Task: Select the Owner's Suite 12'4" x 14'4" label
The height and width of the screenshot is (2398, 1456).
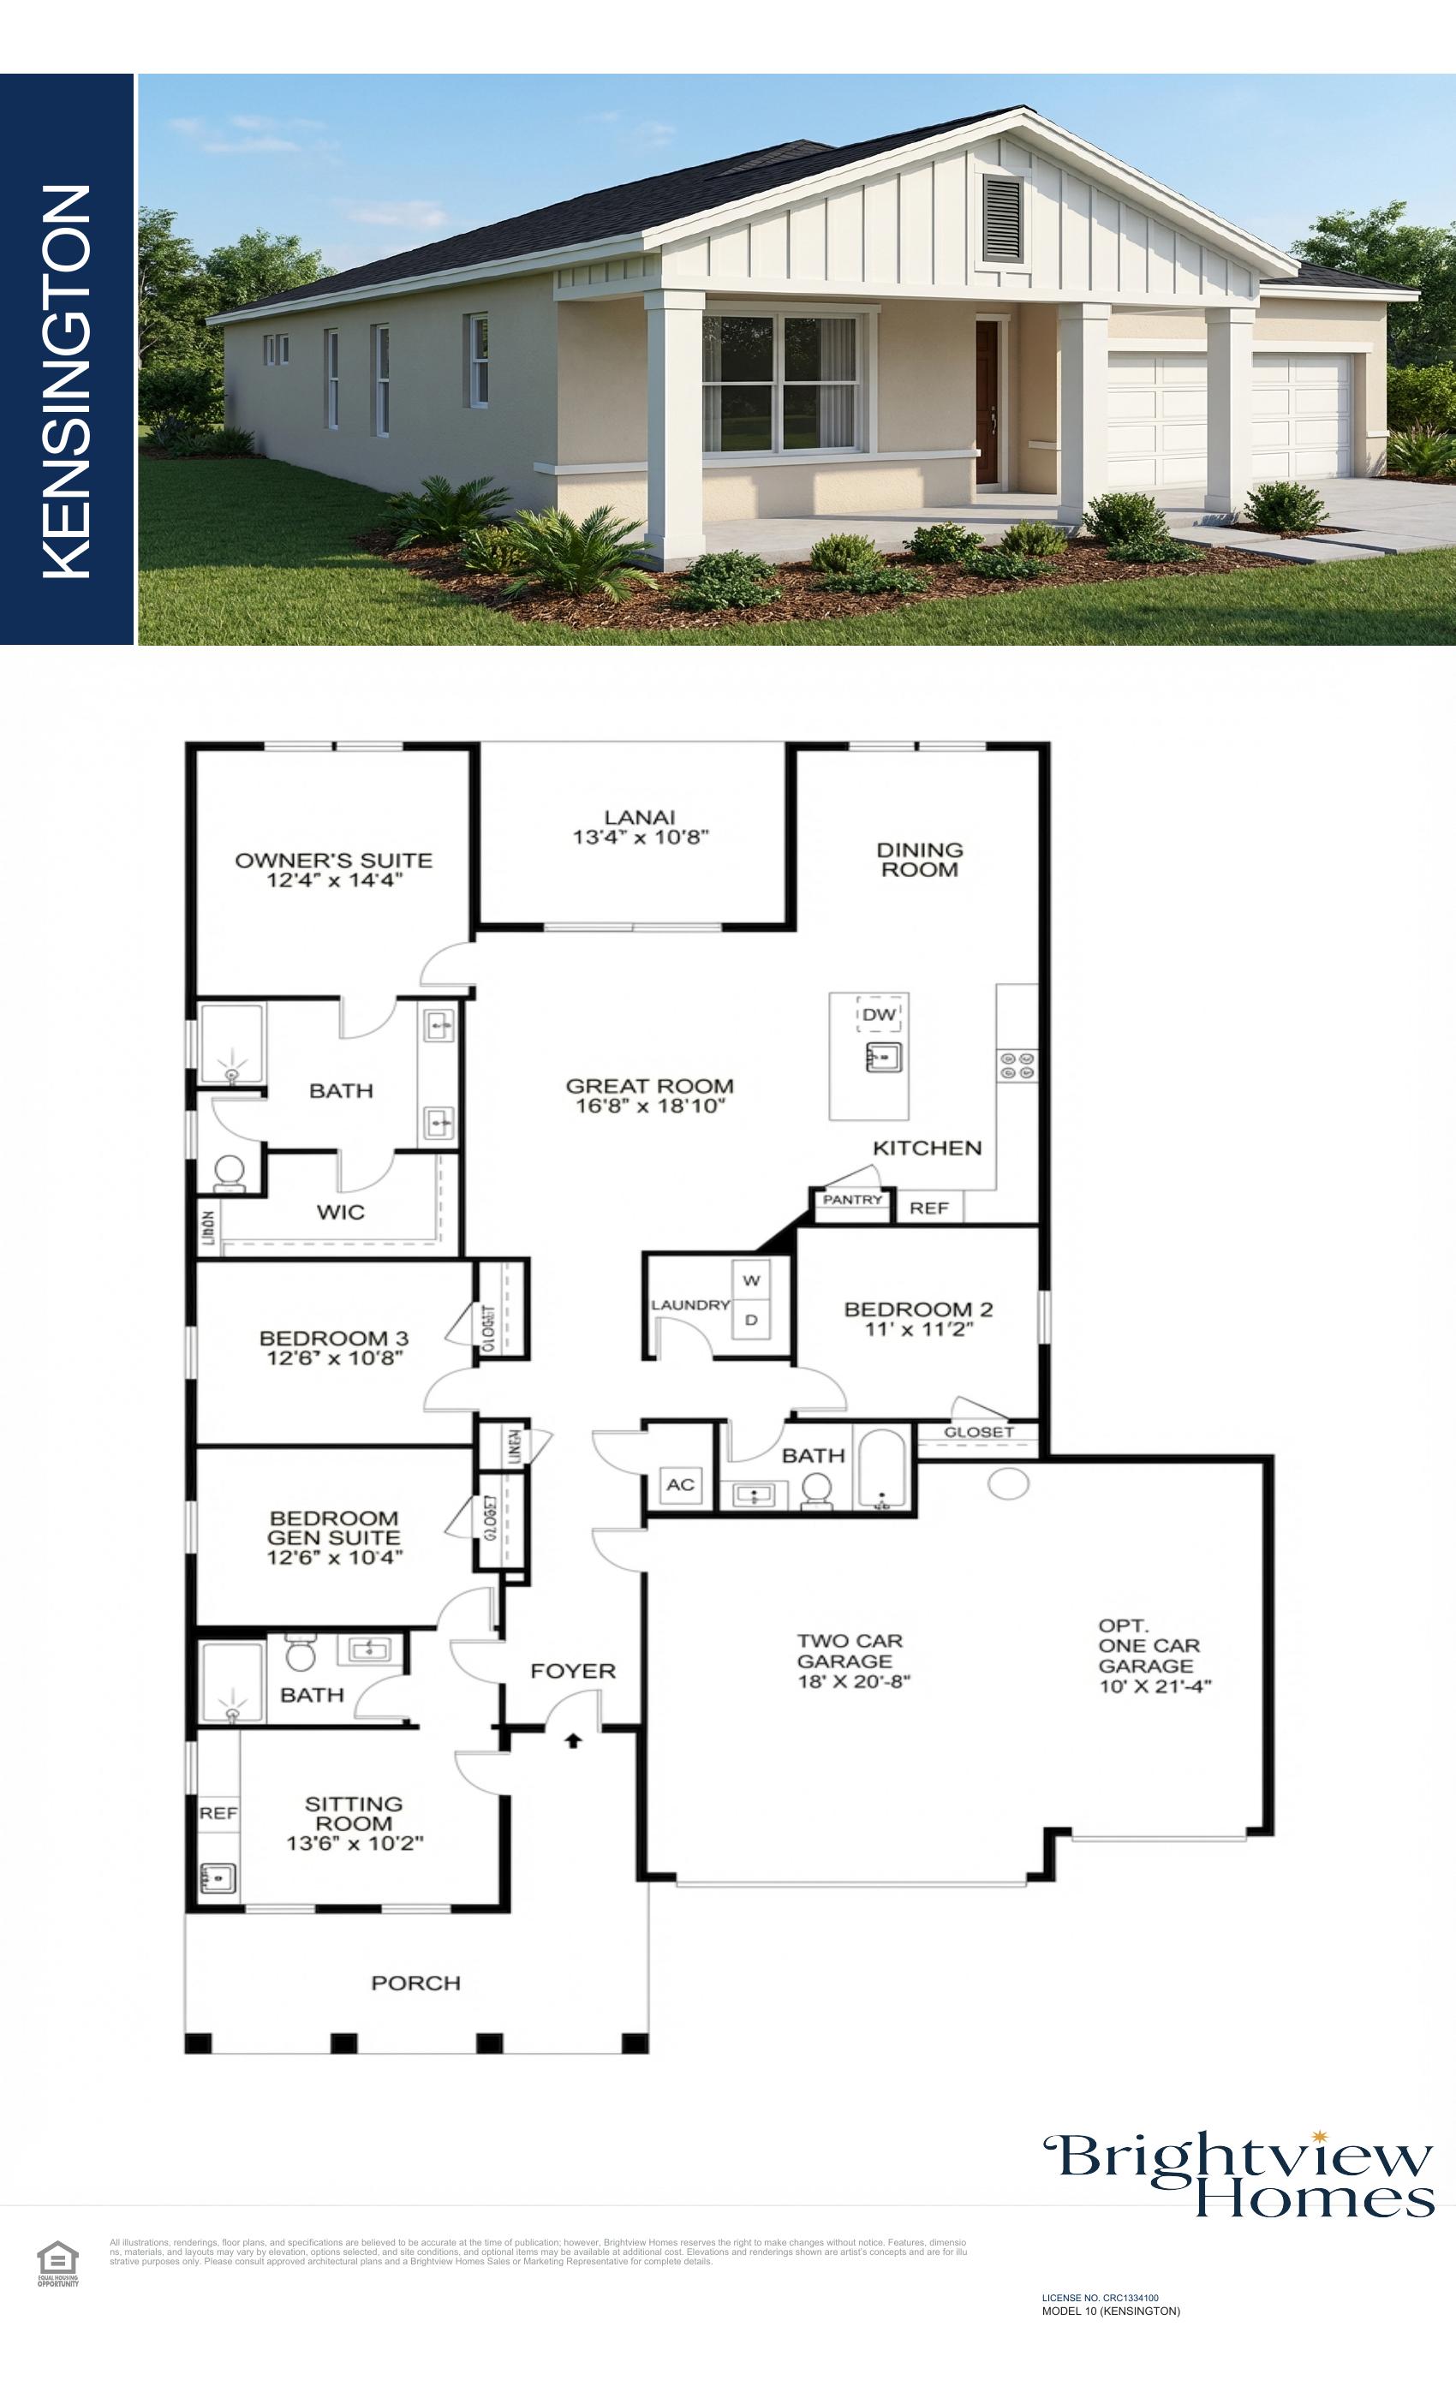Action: click(x=334, y=870)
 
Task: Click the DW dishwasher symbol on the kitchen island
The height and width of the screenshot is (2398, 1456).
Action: click(x=879, y=1014)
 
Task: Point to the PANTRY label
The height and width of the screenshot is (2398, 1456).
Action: click(x=851, y=1199)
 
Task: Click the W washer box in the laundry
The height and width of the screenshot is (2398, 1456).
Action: click(x=751, y=1280)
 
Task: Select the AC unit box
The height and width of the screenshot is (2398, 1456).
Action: click(x=680, y=1484)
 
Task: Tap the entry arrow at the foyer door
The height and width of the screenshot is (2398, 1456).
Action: click(x=573, y=1740)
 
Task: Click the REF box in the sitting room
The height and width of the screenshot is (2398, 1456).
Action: click(x=218, y=1813)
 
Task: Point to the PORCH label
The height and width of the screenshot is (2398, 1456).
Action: click(x=415, y=1983)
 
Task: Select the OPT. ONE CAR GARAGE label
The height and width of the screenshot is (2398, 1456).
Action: click(x=1152, y=1655)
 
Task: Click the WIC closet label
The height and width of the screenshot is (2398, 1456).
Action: click(x=341, y=1212)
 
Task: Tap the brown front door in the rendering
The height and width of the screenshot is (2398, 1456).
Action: click(x=987, y=403)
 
